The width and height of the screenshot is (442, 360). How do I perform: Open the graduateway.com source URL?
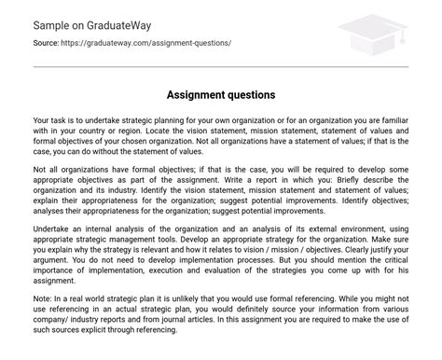(149, 43)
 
